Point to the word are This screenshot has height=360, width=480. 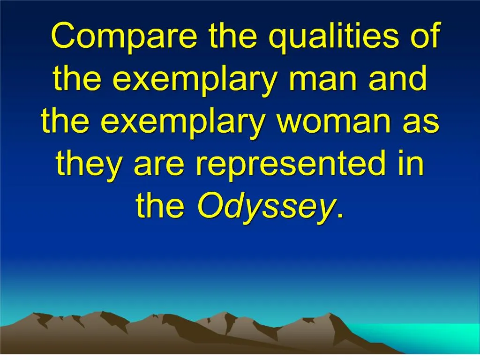point(160,165)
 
